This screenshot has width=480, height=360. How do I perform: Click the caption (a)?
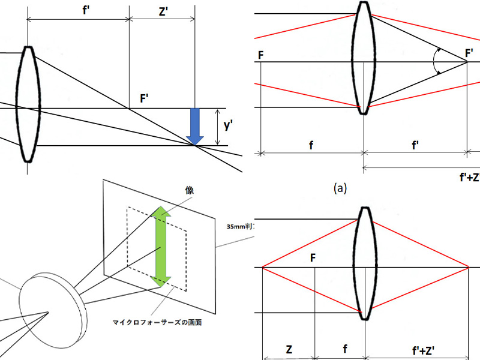tap(341, 188)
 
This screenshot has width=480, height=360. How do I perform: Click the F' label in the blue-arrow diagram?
tap(145, 97)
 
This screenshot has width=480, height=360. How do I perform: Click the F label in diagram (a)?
tap(260, 55)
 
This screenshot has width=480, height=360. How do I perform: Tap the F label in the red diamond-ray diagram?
tap(312, 258)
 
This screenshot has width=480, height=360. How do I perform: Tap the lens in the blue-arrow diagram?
tap(28, 104)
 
